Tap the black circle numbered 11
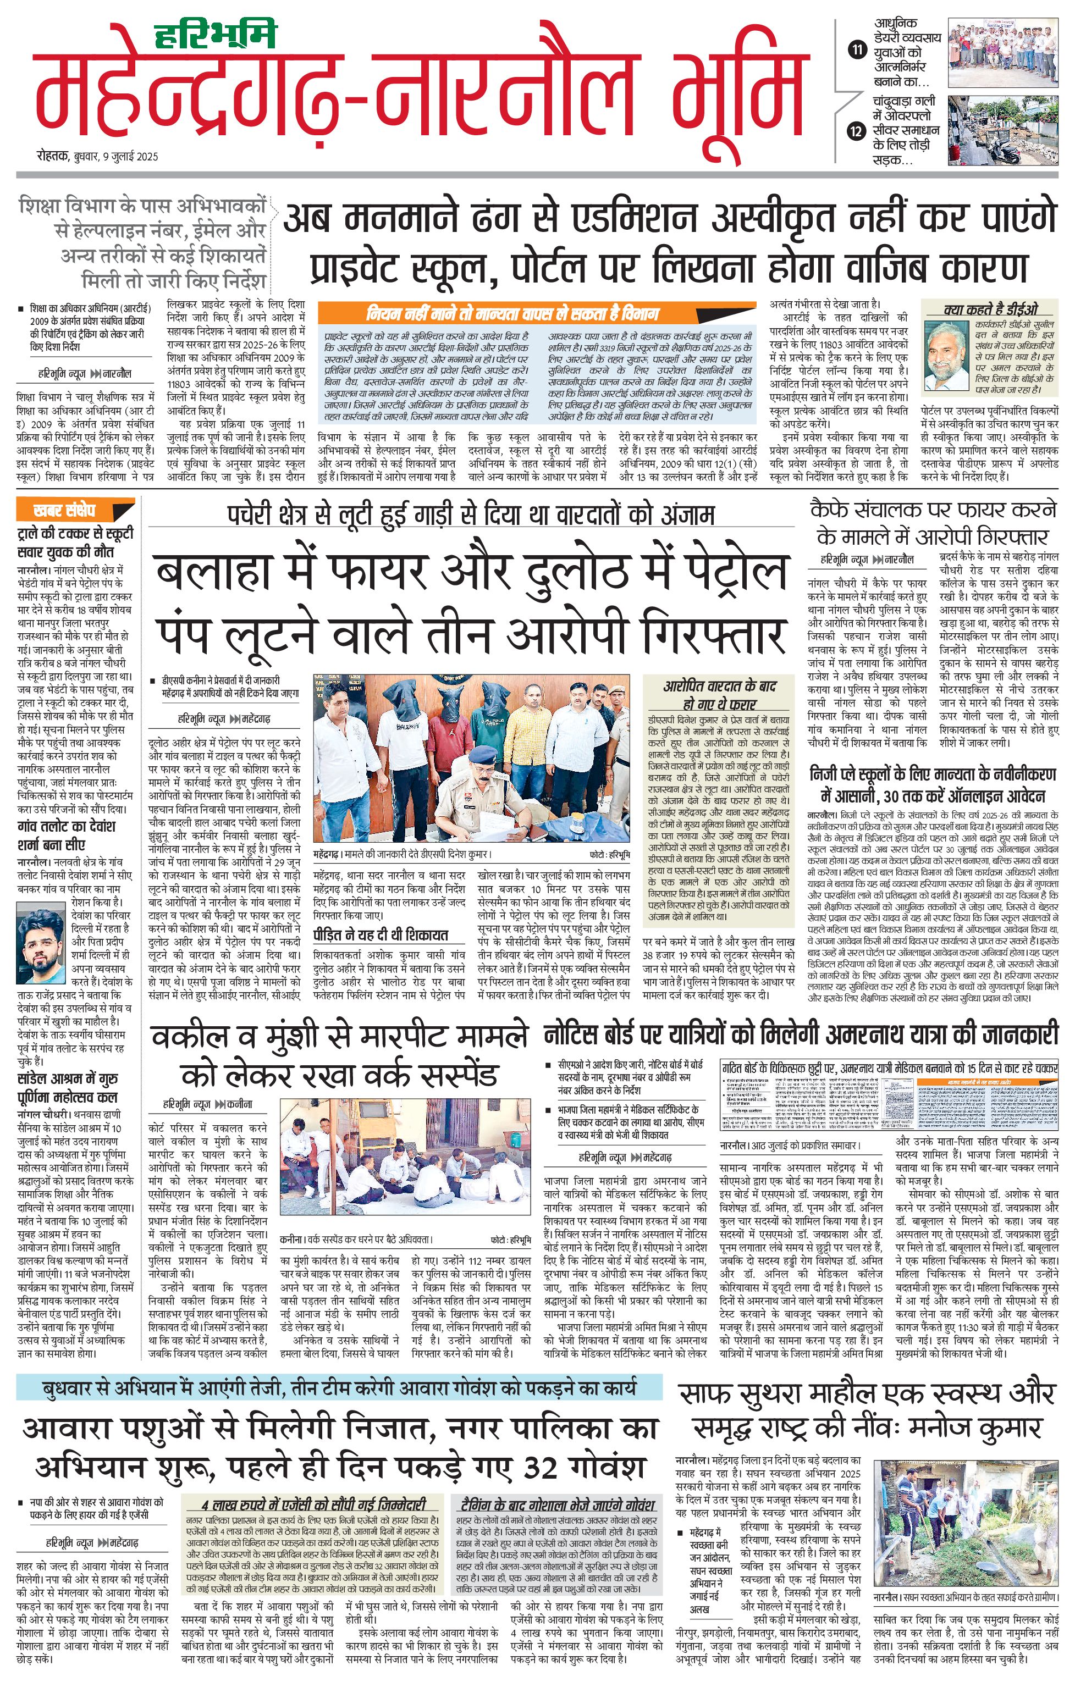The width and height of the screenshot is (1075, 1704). [857, 50]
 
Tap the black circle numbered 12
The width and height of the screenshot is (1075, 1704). [857, 131]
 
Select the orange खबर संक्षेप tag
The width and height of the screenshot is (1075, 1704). [64, 510]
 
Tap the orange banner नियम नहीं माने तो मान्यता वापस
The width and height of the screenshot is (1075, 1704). [512, 313]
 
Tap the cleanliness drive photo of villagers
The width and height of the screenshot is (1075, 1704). [966, 1531]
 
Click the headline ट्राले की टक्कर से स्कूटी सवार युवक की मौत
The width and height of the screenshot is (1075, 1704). [74, 541]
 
